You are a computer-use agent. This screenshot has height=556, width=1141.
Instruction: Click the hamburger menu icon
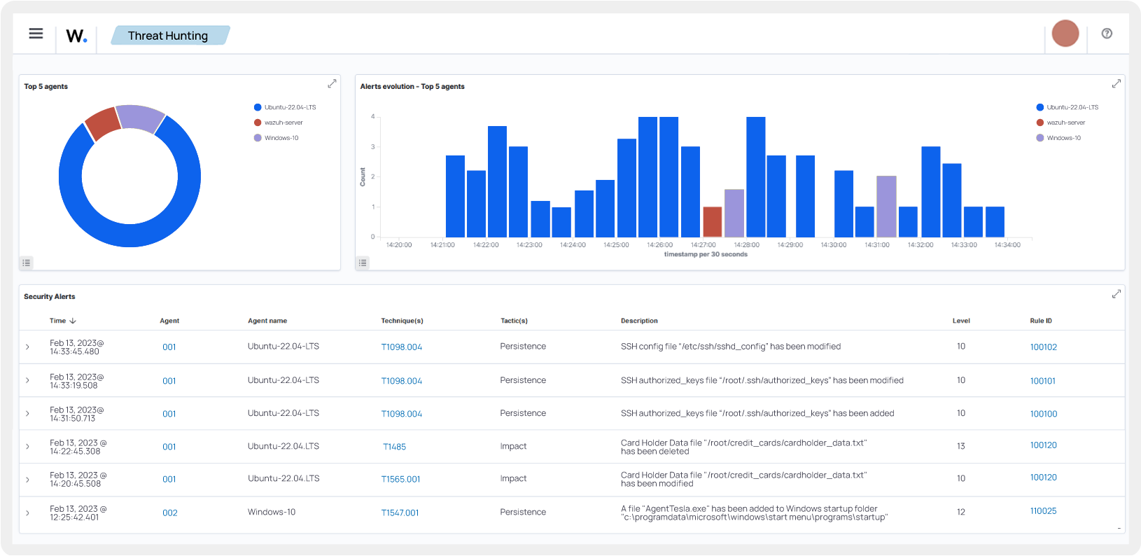point(36,34)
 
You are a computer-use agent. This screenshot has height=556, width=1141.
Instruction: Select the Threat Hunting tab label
point(168,36)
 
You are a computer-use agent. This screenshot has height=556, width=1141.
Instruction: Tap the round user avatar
point(1065,34)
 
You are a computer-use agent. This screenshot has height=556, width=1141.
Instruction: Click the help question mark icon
point(1107,34)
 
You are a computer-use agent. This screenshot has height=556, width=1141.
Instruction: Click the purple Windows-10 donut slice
point(140,117)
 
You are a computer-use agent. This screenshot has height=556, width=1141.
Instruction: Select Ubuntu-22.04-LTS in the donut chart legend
point(290,107)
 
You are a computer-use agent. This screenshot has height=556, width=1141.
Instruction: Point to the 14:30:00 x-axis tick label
point(833,245)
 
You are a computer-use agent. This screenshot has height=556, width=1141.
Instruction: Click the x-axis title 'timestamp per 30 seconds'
point(705,255)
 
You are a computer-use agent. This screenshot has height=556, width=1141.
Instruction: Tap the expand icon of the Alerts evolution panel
point(1116,84)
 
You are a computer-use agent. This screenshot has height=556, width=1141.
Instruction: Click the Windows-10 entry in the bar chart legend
point(1063,138)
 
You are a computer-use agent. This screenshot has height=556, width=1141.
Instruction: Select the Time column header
point(58,321)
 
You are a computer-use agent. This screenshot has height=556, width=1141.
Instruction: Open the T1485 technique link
point(394,447)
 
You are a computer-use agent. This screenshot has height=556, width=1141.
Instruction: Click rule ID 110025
point(1043,511)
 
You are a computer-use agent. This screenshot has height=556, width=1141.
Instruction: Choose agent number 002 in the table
point(169,513)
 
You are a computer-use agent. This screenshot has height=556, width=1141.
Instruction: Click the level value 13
point(960,446)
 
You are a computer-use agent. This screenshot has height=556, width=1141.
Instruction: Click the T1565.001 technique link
point(400,480)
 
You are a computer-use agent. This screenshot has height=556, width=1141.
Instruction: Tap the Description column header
point(639,321)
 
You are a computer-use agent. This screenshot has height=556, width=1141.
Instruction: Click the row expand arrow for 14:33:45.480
point(27,347)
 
